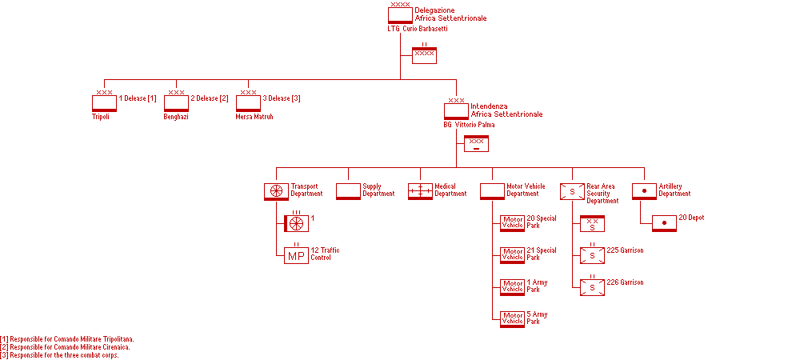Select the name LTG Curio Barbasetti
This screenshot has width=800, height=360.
click(x=417, y=29)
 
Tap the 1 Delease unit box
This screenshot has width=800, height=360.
click(x=104, y=103)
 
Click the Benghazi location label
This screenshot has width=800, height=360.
click(x=176, y=117)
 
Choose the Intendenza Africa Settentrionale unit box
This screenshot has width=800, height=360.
click(x=456, y=111)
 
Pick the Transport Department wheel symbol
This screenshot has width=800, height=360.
click(x=276, y=191)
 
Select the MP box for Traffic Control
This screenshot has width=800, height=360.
click(x=296, y=256)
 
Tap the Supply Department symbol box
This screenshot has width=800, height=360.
click(x=348, y=191)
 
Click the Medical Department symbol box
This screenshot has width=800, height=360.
click(x=420, y=191)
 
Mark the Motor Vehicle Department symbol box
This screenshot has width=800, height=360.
click(x=492, y=191)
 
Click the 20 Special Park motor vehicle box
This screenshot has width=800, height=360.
click(x=512, y=223)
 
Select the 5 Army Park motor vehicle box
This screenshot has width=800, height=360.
click(x=512, y=319)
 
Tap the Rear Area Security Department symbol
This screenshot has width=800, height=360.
click(x=572, y=191)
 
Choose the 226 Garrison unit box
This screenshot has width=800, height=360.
click(x=592, y=287)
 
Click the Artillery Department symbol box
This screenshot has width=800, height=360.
click(x=644, y=191)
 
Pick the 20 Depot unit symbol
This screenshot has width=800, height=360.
click(x=664, y=223)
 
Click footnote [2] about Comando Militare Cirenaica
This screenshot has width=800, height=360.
click(x=66, y=347)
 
